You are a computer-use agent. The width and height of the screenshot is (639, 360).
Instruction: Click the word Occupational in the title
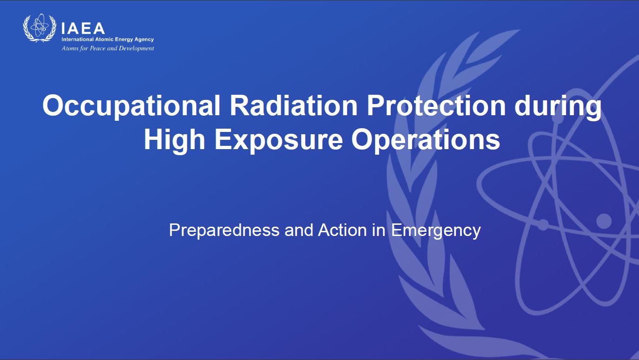(132, 106)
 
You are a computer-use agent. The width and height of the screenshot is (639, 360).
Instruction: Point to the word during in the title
(558, 106)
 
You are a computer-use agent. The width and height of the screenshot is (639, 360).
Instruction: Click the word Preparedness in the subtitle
(224, 230)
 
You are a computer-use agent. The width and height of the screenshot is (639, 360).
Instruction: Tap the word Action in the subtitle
(343, 230)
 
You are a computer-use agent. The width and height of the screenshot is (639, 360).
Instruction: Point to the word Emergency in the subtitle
(435, 231)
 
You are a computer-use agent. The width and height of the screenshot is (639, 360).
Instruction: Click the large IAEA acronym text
(83, 28)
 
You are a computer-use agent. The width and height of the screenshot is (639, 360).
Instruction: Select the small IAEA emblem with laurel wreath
(40, 28)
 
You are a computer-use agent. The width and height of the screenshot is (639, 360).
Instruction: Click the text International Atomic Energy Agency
(107, 39)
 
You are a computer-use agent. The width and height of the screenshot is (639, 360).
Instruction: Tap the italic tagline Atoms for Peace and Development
(107, 48)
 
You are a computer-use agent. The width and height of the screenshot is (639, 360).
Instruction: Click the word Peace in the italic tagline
(98, 48)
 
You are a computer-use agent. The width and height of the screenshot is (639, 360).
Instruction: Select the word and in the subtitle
(299, 230)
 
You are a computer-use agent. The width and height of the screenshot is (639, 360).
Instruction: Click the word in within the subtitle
(379, 230)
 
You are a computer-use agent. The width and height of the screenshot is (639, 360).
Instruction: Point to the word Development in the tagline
(136, 49)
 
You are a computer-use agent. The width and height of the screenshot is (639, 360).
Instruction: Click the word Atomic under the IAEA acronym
(104, 39)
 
